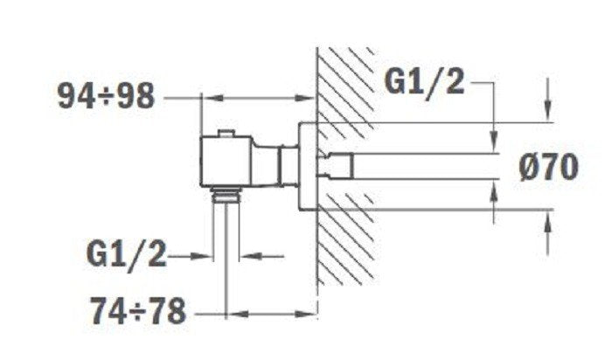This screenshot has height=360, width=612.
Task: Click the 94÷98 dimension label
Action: coord(105,95)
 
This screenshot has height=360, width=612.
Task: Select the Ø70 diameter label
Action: coord(545,165)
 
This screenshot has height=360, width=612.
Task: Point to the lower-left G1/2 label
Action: coord(127,255)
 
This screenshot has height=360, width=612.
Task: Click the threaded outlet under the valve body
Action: coord(227,193)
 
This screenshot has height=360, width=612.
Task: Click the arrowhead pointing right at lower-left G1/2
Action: coord(209,256)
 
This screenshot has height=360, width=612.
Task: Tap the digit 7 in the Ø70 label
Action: coord(542,165)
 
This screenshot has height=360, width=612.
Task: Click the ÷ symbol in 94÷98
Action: coord(105,96)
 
